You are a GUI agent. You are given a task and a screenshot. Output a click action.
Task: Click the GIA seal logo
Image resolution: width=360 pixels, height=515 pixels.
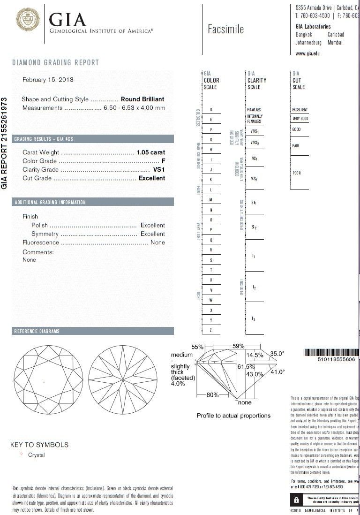(28, 21)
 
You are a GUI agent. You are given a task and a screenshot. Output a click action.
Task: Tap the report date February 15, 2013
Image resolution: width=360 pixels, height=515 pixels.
(48, 80)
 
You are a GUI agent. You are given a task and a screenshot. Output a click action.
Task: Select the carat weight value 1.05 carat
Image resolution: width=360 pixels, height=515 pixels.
(151, 152)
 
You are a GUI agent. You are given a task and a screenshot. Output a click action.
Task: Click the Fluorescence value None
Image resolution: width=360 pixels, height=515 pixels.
(157, 242)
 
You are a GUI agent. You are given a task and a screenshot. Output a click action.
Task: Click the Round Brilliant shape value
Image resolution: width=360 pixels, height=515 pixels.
(142, 99)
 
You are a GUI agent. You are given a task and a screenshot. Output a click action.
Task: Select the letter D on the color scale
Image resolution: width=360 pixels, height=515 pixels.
(211, 109)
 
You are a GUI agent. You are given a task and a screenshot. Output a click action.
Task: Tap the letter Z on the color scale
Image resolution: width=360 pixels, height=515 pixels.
(211, 330)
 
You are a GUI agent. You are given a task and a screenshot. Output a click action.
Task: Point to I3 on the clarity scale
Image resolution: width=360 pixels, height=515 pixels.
(254, 319)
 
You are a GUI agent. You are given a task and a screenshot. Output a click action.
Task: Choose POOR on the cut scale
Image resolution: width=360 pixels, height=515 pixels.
(297, 173)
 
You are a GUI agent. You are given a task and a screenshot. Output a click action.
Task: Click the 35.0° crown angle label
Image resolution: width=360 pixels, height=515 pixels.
(277, 354)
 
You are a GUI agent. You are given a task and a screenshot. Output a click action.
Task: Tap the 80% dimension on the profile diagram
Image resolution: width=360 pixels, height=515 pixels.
(212, 395)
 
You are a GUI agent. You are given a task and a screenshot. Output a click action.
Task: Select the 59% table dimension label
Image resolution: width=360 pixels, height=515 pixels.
(238, 346)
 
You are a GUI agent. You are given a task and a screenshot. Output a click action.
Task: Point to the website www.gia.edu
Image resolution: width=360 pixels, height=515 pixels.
(307, 54)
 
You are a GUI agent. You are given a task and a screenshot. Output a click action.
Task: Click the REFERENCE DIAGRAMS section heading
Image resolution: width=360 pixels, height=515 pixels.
(37, 331)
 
